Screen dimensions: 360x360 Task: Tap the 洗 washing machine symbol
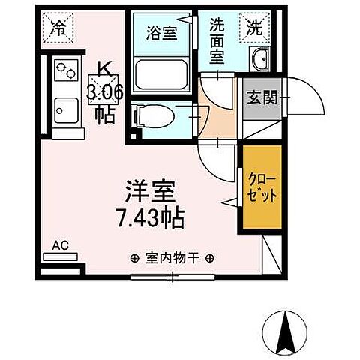tap(254, 28)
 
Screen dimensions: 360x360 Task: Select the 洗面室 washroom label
tap(217, 43)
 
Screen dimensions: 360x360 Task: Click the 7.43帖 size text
tap(150, 219)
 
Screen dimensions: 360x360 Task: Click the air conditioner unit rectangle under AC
tap(60, 257)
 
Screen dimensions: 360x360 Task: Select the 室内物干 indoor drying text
tap(172, 257)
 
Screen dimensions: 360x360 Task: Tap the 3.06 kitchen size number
tap(105, 93)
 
